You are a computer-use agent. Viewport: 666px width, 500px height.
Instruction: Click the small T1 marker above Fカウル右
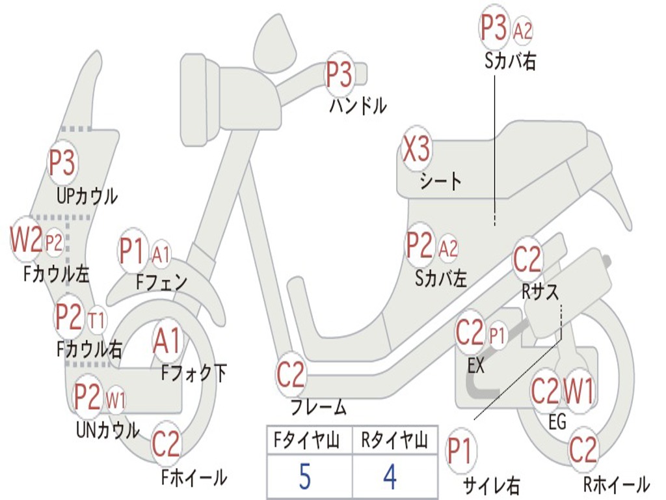click(x=96, y=320)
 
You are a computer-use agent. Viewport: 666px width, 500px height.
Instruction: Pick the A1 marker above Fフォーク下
click(x=168, y=341)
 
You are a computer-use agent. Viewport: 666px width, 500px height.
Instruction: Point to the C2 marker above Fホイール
click(x=166, y=444)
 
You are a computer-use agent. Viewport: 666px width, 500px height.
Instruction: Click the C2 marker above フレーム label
click(x=291, y=374)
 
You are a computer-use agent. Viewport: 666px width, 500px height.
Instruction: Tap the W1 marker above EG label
click(x=578, y=391)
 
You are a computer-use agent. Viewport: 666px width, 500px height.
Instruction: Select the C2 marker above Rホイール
click(x=583, y=450)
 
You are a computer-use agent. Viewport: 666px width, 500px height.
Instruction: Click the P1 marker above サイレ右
click(x=460, y=451)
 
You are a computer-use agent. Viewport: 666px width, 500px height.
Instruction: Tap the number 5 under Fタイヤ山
click(x=305, y=477)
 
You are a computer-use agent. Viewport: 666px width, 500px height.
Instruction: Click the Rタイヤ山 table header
click(x=394, y=442)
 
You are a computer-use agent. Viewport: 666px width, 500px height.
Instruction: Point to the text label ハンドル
click(x=357, y=105)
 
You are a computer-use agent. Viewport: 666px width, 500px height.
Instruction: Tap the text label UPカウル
click(x=87, y=195)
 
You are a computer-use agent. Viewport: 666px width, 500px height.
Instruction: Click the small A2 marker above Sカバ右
click(x=523, y=31)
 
